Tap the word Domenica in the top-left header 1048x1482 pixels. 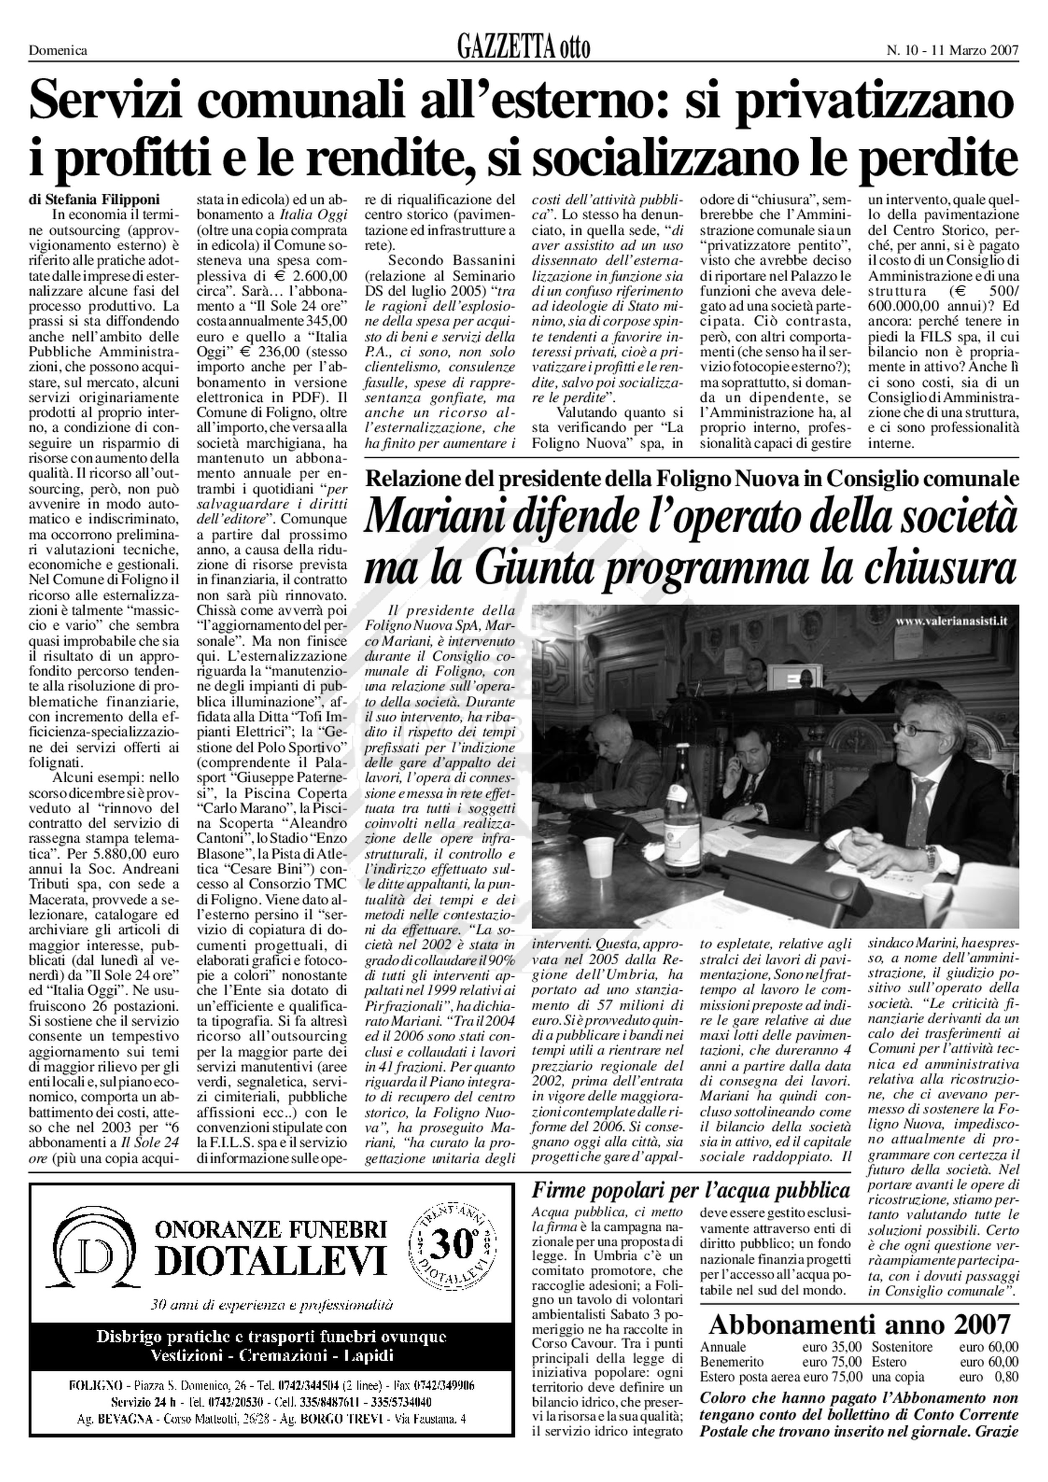pos(58,50)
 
